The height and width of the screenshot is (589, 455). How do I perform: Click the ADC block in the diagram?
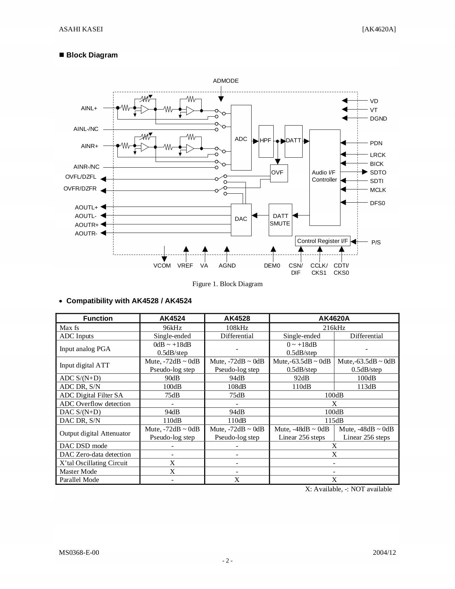pos(241,138)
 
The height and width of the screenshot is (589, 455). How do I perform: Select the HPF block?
pos(266,141)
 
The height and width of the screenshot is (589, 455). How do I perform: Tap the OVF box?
pos(279,173)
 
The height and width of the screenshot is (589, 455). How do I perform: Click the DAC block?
pos(241,219)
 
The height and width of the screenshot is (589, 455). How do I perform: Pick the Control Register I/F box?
pos(323,241)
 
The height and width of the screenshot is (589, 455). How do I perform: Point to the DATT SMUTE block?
pos(280,220)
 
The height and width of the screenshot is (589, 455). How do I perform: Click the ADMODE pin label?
pos(226,81)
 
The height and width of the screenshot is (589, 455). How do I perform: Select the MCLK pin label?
pos(378,190)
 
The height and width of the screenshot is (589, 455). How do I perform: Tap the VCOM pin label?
pos(162,265)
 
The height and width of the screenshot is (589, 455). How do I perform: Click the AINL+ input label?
pos(89,108)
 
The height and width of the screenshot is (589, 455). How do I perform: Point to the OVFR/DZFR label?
pos(80,188)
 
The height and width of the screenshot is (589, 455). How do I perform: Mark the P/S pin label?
pos(376,242)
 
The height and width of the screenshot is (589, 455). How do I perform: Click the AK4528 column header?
pos(237,318)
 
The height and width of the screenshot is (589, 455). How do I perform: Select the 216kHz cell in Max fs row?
pos(334,327)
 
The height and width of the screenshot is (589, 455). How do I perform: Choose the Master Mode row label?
pos(78,471)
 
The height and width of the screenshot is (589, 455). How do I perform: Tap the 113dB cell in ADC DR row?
pos(366,386)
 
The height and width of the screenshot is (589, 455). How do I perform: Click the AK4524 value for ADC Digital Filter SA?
pos(172,395)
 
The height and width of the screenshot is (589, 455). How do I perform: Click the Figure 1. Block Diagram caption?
pos(227,284)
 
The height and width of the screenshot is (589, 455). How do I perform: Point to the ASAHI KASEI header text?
pos(81,29)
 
